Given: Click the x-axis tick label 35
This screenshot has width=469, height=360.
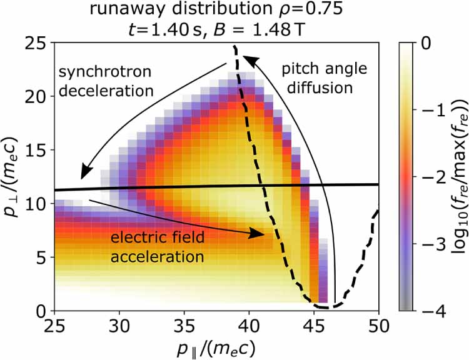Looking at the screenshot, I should tap(184, 326).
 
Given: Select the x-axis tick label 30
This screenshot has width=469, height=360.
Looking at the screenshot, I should tap(119, 326).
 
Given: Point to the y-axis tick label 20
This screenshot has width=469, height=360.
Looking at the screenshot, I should tap(37, 96).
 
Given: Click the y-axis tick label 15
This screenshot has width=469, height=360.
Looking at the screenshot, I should tap(37, 150).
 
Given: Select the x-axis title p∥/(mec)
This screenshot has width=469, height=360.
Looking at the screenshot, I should tap(216, 347).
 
